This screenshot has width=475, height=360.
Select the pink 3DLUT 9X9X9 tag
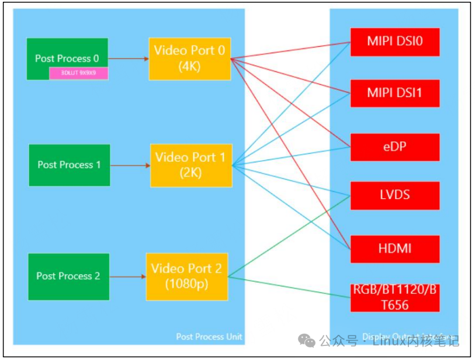pos(78,74)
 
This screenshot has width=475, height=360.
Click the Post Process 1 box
pos(69,165)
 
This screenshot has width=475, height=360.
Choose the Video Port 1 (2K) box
pos(190,165)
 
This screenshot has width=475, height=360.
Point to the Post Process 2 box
pos(68,276)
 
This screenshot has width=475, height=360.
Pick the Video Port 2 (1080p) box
pos(186,276)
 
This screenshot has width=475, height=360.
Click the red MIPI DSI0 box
pos(394,41)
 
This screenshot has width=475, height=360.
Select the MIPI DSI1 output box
pos(394,92)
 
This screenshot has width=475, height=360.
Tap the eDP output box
pos(394,147)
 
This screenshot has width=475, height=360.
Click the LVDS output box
pos(394,195)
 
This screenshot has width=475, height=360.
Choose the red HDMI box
pos(394,249)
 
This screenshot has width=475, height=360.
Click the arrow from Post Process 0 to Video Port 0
pos(128,58)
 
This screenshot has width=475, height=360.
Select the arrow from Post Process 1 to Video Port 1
pos(130,165)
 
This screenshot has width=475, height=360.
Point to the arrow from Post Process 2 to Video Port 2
pos(127,276)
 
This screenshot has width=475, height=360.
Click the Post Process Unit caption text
pos(209,337)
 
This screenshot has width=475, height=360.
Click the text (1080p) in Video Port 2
pos(186,284)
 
